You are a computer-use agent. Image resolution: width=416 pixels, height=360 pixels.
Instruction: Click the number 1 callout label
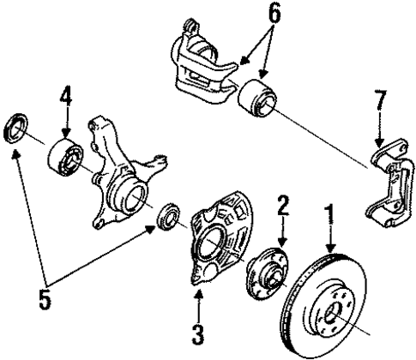329,212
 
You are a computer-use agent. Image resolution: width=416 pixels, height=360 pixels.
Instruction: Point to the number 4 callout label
66,93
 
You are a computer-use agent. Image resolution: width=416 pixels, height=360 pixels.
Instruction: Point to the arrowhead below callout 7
380,141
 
